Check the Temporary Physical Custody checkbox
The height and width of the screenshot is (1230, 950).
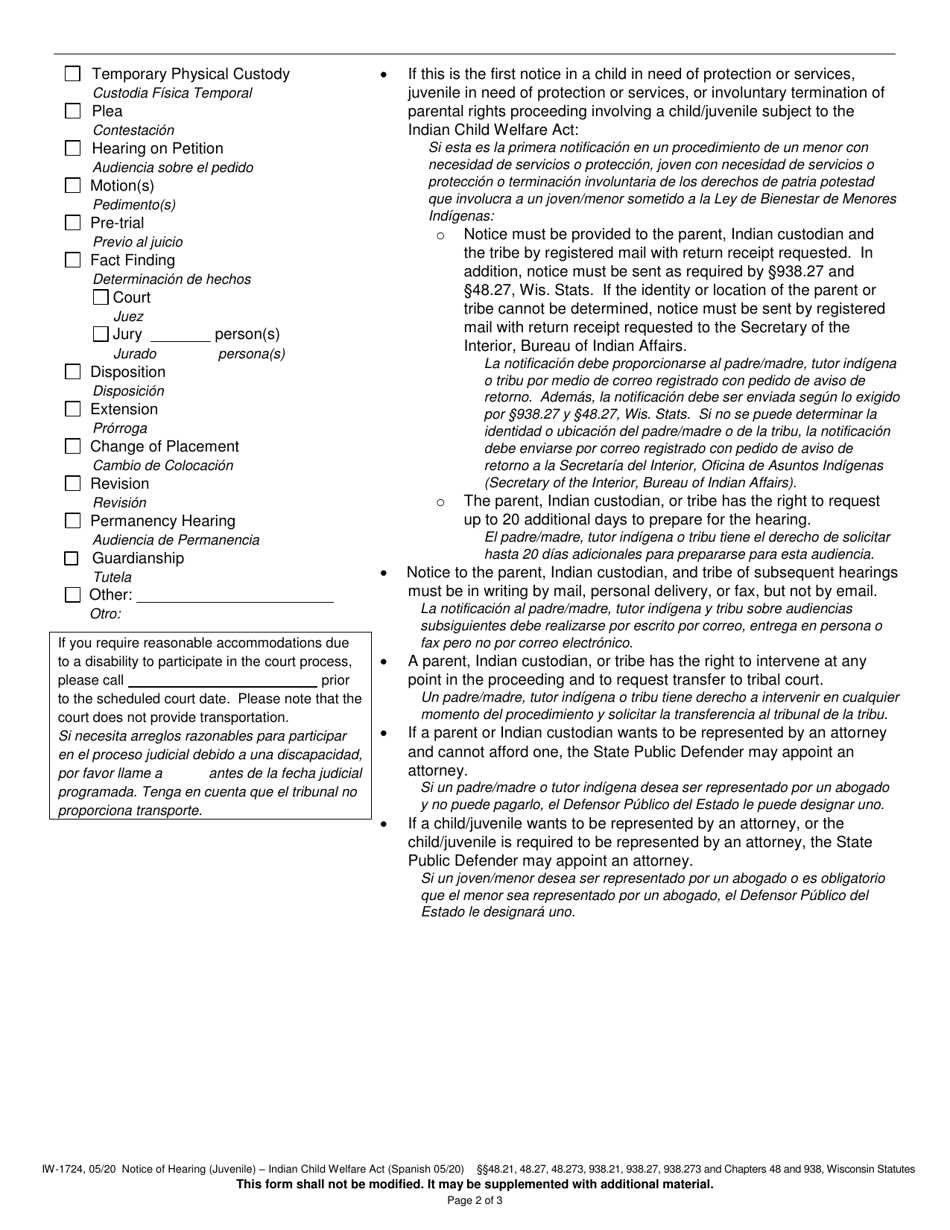tap(73, 74)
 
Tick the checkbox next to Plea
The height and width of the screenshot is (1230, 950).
tap(73, 111)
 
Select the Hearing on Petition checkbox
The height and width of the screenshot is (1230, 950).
tap(73, 148)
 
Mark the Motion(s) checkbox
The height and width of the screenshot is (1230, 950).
tap(73, 185)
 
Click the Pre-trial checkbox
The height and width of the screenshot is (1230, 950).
tap(73, 223)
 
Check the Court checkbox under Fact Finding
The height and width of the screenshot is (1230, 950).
tap(100, 297)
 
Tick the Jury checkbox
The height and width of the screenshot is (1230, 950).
tap(100, 334)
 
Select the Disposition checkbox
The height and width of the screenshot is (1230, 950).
tap(73, 372)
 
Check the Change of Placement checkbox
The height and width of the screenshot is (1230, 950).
tap(73, 446)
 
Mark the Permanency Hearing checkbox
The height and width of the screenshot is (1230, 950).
tap(73, 521)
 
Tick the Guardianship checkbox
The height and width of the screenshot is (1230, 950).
tap(73, 558)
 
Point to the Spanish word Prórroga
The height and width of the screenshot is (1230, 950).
tap(121, 428)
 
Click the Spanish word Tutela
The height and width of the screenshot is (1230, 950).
tap(112, 577)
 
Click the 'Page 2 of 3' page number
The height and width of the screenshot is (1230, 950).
tap(475, 1200)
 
